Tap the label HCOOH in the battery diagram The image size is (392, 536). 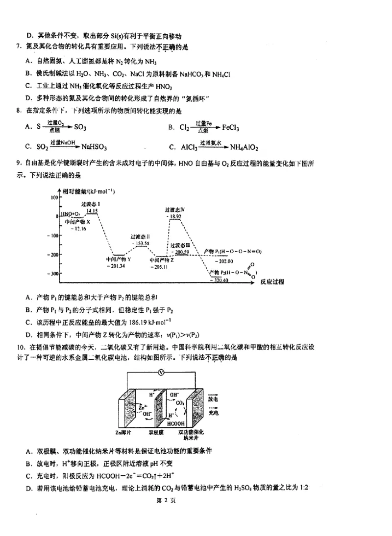tap(175, 423)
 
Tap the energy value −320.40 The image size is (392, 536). tap(219, 280)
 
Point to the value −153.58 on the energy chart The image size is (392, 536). tap(140, 243)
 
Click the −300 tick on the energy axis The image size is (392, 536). tap(51, 274)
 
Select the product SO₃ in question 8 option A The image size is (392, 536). tap(80, 127)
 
